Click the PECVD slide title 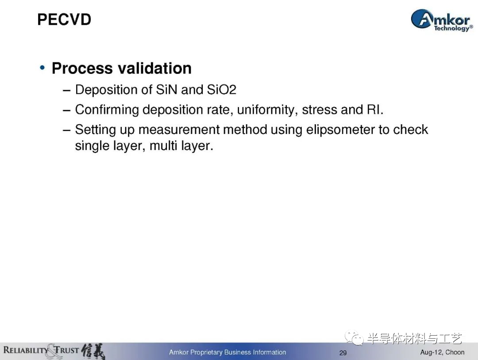point(64,19)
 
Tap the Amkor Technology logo point(442,20)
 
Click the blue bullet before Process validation point(42,68)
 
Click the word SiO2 point(222,89)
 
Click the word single point(92,146)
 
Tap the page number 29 point(343,352)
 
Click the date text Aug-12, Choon point(442,352)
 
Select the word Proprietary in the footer point(206,352)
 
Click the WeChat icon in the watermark point(354,337)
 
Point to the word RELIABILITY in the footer point(26,350)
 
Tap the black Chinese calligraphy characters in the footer point(93,351)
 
